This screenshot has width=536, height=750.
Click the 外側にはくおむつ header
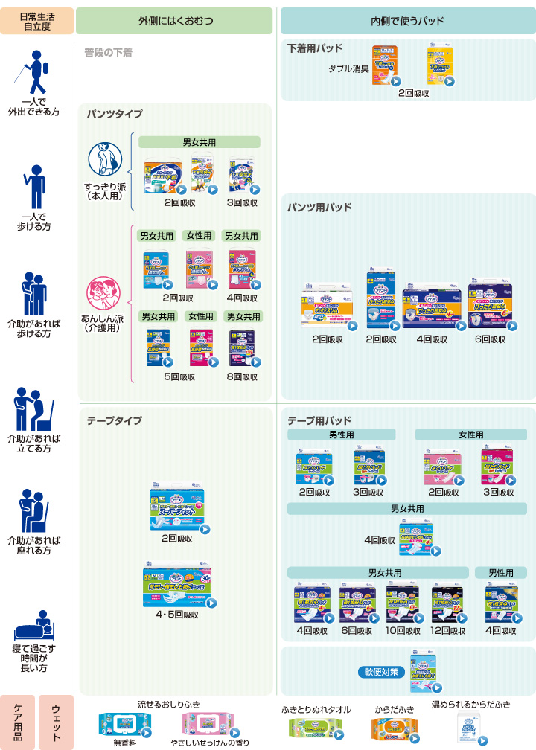174,20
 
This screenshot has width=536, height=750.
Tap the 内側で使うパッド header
408,20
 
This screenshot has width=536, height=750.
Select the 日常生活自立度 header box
36,20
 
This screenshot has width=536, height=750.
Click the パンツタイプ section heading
114,114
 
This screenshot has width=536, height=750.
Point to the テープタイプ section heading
114,420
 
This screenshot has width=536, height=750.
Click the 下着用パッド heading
315,48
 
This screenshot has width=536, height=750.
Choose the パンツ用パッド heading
319,208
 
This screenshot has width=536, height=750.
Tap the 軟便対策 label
382,671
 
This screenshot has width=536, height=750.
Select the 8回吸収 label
243,376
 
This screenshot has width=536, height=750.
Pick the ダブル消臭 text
349,68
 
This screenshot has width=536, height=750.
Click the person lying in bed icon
34,626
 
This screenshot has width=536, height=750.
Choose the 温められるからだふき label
471,704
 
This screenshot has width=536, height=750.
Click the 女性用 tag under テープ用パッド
470,435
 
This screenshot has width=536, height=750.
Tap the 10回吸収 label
403,631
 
